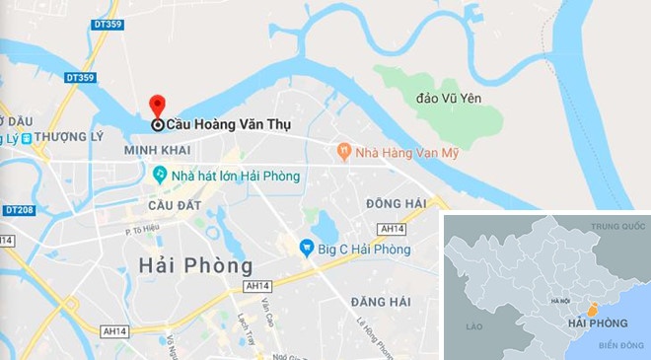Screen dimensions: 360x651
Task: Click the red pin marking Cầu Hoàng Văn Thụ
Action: [x=157, y=107]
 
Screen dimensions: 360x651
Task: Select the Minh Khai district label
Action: [x=157, y=150]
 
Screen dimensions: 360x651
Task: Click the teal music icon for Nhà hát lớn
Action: [x=159, y=175]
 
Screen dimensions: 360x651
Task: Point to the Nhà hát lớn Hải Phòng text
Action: [x=235, y=176]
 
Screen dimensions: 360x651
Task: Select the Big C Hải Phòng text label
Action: [x=363, y=250]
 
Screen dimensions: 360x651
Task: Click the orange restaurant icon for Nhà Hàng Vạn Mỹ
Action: [x=343, y=152]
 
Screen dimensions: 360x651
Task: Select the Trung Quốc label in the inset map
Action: [x=617, y=228]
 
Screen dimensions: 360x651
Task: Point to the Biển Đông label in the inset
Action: [x=620, y=345]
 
